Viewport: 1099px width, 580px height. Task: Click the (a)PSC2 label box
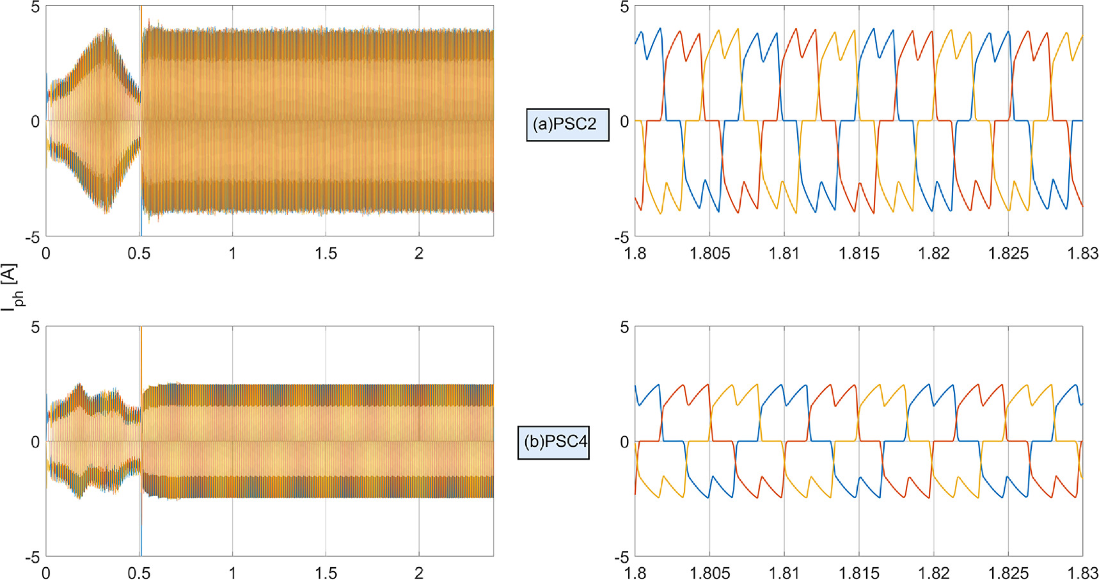[567, 124]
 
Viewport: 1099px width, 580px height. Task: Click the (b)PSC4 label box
[553, 442]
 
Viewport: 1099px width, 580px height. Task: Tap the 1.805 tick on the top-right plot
[709, 254]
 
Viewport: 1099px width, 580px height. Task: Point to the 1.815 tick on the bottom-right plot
[859, 573]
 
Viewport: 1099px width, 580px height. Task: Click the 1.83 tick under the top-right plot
[1082, 254]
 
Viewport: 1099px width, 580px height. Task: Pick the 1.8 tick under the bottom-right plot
[635, 573]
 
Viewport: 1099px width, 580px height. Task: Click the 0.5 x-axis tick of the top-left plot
[139, 254]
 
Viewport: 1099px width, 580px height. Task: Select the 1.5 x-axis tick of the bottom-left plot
[326, 573]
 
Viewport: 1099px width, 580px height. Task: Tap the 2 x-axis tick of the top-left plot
[419, 254]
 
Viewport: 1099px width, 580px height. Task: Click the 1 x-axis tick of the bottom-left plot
[232, 573]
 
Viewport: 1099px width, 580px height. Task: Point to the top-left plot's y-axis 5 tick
[35, 8]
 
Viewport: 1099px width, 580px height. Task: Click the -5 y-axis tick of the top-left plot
[33, 238]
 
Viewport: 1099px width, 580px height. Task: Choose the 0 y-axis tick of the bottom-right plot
[624, 442]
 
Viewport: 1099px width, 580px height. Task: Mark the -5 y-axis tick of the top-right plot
[622, 238]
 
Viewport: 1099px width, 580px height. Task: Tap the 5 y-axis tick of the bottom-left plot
[35, 328]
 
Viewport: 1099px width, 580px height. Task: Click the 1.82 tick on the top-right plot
[934, 254]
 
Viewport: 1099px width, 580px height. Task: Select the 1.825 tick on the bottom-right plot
[1008, 573]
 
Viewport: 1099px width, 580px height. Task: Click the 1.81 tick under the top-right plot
[784, 254]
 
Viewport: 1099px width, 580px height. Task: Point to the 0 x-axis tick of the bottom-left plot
[46, 573]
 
